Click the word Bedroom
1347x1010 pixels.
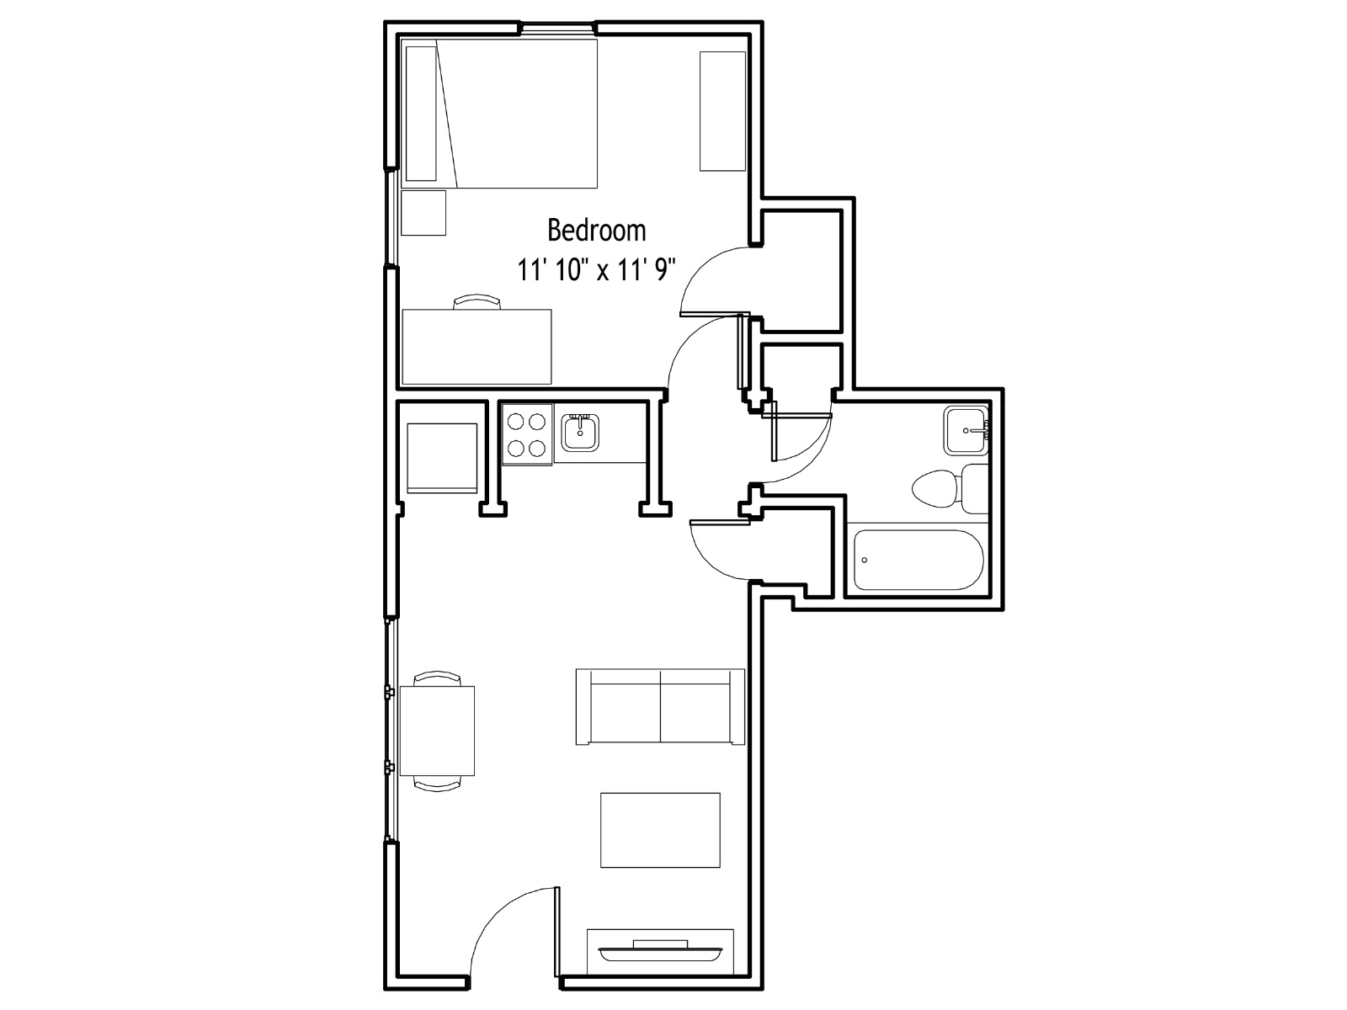pyautogui.click(x=597, y=231)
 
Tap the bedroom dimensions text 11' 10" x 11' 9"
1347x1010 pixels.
pyautogui.click(x=597, y=270)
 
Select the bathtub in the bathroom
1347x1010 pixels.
pyautogui.click(x=918, y=560)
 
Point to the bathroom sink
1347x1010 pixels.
pyautogui.click(x=966, y=430)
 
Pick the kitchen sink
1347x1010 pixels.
pyautogui.click(x=580, y=433)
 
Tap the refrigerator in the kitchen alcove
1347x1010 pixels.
pyautogui.click(x=442, y=458)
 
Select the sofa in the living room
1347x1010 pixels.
pyautogui.click(x=660, y=707)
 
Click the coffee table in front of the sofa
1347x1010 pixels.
pyautogui.click(x=660, y=831)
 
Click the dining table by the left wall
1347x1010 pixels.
pyautogui.click(x=437, y=731)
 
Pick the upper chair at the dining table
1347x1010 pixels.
pyautogui.click(x=437, y=678)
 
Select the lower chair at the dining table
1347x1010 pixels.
pyautogui.click(x=437, y=784)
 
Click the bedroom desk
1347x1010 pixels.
pyautogui.click(x=477, y=347)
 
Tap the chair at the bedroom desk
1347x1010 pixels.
pyautogui.click(x=477, y=301)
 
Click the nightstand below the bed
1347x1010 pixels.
pyautogui.click(x=423, y=213)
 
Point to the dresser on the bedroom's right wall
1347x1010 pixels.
pyautogui.click(x=723, y=111)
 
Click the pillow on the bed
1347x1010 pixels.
pyautogui.click(x=421, y=114)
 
